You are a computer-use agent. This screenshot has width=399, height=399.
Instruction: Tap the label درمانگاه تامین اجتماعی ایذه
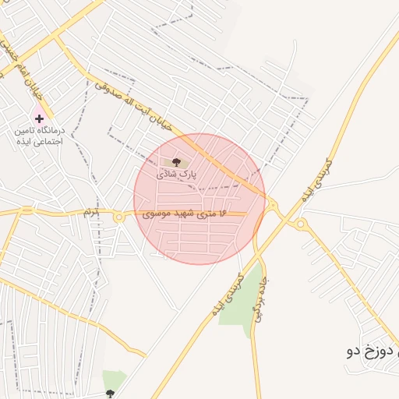39,137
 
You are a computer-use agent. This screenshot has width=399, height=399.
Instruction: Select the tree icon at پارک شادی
177,162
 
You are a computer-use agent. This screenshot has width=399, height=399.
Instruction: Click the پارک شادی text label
177,175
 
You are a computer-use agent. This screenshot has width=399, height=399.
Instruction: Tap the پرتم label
91,212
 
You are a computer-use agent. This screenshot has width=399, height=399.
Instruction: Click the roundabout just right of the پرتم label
118,217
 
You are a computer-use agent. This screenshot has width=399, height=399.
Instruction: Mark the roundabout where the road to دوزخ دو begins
301,224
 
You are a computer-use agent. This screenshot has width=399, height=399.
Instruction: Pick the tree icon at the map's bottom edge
110,394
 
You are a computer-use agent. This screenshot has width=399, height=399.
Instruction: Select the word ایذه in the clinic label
19,143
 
